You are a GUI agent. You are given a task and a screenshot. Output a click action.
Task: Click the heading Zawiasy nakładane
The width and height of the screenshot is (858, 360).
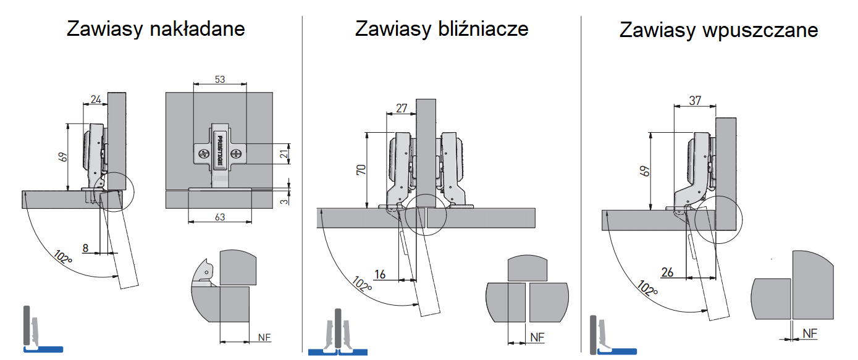coord(156,29)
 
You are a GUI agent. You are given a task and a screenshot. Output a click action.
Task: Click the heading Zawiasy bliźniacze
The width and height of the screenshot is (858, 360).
coord(441,29)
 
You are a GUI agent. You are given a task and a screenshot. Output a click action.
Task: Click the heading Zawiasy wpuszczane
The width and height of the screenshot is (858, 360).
coord(718,30)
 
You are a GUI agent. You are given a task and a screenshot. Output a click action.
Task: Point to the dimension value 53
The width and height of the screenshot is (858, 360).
coord(220,79)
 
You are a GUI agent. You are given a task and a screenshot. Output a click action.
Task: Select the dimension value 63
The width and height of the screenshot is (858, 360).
coord(219,216)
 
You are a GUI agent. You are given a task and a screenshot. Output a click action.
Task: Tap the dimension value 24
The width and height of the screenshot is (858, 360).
coord(95,99)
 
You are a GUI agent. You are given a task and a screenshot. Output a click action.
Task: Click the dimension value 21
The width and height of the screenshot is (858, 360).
coord(284,154)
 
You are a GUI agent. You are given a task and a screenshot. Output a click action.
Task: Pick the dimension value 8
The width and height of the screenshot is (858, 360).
coord(86,248)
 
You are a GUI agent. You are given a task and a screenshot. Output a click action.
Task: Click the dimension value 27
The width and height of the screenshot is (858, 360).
coord(401,109)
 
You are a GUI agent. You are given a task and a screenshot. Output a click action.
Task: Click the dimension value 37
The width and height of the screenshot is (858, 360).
coord(694,100)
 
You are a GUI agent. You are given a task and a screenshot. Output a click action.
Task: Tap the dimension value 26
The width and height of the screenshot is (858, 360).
coord(667,272)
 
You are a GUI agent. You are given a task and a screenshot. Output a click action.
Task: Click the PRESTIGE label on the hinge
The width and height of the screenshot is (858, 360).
coord(219,149)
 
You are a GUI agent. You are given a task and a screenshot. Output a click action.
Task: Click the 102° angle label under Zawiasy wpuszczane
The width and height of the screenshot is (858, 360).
coord(647,288)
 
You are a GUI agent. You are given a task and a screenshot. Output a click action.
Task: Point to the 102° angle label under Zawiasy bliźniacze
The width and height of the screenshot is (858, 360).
coord(361,283)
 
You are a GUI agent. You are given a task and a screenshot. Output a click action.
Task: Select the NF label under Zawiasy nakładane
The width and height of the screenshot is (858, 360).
coord(264,337)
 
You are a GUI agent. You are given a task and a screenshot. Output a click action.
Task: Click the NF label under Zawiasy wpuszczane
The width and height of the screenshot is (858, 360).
coord(810,333)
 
